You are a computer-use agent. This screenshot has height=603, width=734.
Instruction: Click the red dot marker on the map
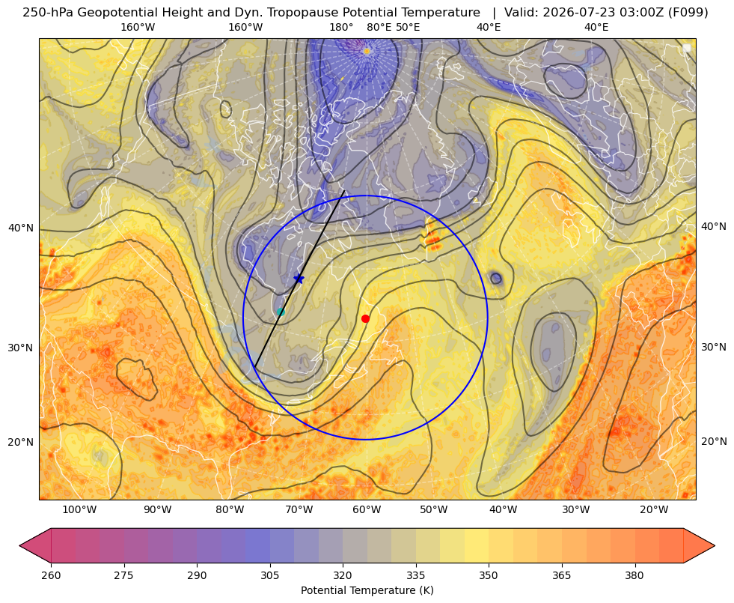pyautogui.click(x=366, y=318)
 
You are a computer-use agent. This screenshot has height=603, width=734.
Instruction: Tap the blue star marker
pyautogui.click(x=299, y=279)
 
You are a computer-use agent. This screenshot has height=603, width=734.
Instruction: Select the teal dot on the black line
pyautogui.click(x=281, y=312)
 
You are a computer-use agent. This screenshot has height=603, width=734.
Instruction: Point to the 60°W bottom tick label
pyautogui.click(x=367, y=509)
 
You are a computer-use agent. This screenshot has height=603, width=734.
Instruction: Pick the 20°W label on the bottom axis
pyautogui.click(x=654, y=509)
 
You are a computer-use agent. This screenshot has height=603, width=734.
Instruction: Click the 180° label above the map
pyautogui.click(x=341, y=27)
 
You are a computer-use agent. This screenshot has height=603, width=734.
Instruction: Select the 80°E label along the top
pyautogui.click(x=379, y=27)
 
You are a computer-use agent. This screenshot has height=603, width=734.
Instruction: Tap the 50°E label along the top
pyautogui.click(x=408, y=27)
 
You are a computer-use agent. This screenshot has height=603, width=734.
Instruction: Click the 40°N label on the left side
pyautogui.click(x=21, y=228)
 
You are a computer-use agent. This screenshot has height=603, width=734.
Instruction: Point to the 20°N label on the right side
pyautogui.click(x=714, y=441)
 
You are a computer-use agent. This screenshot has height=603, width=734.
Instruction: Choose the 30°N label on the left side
pyautogui.click(x=21, y=348)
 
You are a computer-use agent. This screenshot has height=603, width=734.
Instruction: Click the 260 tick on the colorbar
pyautogui.click(x=51, y=575)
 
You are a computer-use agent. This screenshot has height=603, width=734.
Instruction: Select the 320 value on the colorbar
pyautogui.click(x=343, y=575)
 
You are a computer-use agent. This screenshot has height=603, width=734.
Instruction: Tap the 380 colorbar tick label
pyautogui.click(x=634, y=575)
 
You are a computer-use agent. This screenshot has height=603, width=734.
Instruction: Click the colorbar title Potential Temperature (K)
pyautogui.click(x=367, y=590)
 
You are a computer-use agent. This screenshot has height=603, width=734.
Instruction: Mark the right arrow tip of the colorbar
pyautogui.click(x=715, y=545)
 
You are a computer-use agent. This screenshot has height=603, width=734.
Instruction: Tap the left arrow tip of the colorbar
pyautogui.click(x=20, y=545)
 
